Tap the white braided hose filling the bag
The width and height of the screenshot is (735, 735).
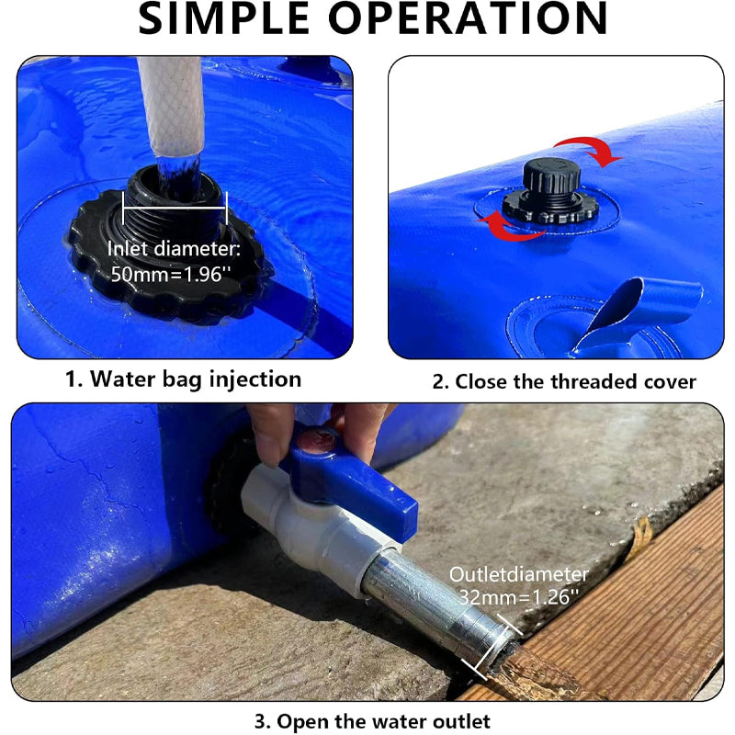[171, 101]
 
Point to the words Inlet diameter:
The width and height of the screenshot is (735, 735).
[174, 249]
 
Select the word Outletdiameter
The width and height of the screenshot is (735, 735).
[518, 574]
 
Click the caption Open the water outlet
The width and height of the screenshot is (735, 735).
[371, 720]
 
